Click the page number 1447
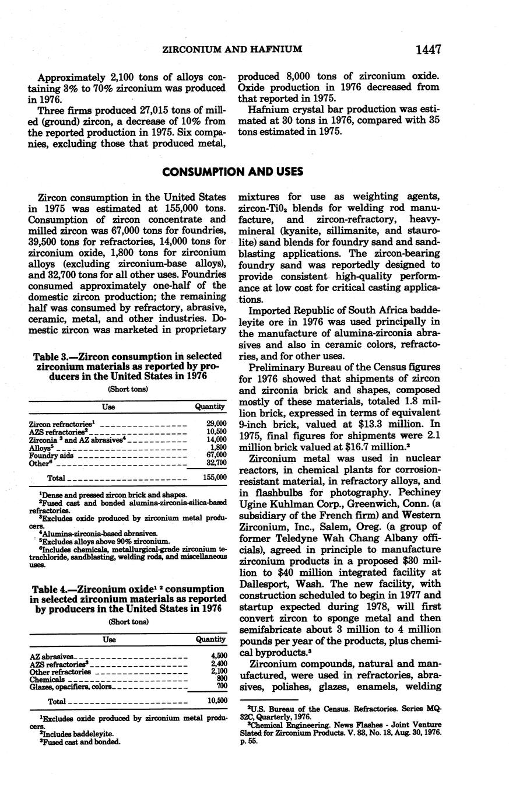(x=428, y=50)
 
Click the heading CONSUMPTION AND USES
(x=233, y=172)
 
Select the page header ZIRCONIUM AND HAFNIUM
(x=231, y=51)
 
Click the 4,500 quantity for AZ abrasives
(x=217, y=656)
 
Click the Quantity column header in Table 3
(x=210, y=407)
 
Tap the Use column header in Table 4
(x=110, y=640)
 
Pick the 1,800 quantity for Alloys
(x=218, y=447)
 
